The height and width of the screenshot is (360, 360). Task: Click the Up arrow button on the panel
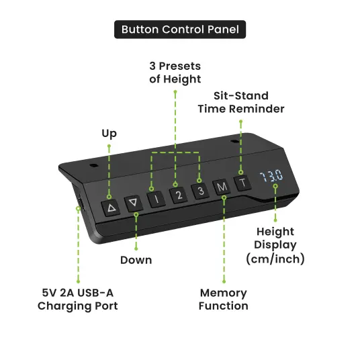(111, 208)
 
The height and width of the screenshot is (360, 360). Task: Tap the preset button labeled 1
(156, 199)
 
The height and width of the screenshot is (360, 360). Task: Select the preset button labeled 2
(179, 195)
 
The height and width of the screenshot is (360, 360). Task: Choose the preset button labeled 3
(200, 191)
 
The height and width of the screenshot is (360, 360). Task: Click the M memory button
(222, 187)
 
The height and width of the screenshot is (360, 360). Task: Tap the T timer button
(242, 183)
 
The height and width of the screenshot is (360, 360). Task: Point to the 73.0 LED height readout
(271, 176)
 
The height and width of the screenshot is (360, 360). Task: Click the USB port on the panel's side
(81, 203)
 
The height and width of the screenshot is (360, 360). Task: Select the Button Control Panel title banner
(180, 30)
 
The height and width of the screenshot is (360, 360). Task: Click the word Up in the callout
(109, 134)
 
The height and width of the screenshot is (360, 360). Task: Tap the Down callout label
(136, 260)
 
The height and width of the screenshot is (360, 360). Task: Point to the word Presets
(180, 66)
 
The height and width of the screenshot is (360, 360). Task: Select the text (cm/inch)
(275, 259)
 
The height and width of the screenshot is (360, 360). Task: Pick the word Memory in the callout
(224, 294)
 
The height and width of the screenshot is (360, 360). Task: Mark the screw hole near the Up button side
(93, 165)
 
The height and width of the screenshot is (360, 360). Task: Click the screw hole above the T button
(234, 142)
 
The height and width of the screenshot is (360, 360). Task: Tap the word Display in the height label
(275, 245)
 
